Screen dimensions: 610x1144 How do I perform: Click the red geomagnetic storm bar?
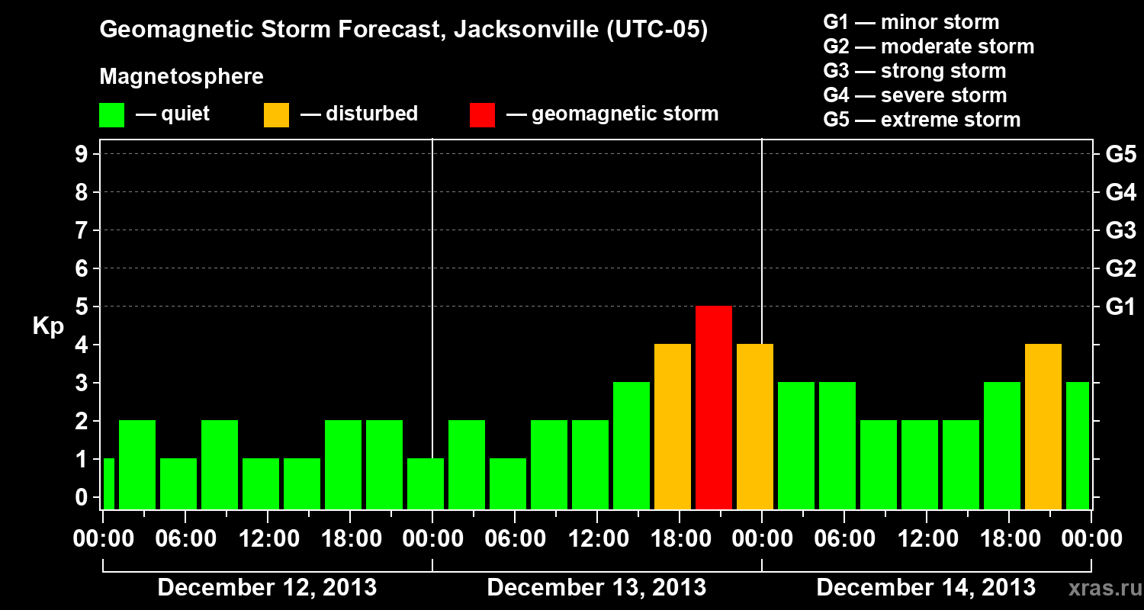[x=714, y=407]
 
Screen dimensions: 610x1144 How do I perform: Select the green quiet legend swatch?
[x=111, y=115]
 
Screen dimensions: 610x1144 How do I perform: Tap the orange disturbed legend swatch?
[x=276, y=115]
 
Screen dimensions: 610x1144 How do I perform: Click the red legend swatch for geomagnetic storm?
[x=482, y=115]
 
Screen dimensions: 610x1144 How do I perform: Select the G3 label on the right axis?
[x=1120, y=230]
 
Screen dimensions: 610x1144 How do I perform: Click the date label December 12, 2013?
[x=267, y=588]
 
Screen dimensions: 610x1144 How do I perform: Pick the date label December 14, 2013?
[x=926, y=588]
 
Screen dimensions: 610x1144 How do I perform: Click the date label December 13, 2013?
[x=596, y=588]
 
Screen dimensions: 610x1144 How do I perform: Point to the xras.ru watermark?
[x=1104, y=588]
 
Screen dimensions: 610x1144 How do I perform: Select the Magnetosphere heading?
[x=182, y=77]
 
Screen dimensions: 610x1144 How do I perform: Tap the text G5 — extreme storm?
[x=921, y=120]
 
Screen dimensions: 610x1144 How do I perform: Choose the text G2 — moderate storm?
[x=928, y=47]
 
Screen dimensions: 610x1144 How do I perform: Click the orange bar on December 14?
[x=1043, y=426]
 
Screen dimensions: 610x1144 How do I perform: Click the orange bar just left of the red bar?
[x=673, y=426]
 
